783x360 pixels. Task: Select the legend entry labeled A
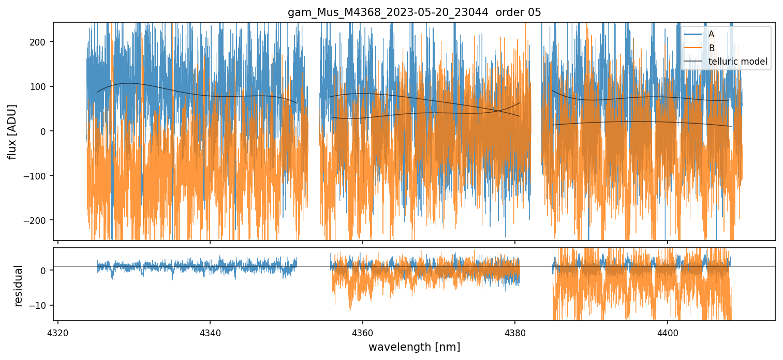711,34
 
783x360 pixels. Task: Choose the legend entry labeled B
712,48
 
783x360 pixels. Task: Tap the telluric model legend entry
737,62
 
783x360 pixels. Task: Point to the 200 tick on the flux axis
40,42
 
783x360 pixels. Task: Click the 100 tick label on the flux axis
40,86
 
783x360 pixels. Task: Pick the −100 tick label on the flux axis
38,176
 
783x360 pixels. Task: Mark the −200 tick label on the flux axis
38,220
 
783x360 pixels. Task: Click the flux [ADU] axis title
12,131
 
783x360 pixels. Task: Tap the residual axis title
19,286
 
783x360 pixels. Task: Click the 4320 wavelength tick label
57,331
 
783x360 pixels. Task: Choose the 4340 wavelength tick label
210,331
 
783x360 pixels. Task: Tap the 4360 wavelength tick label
362,331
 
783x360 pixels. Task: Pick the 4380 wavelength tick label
515,331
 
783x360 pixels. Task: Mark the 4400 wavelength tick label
667,331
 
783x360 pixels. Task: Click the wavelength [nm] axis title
414,347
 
